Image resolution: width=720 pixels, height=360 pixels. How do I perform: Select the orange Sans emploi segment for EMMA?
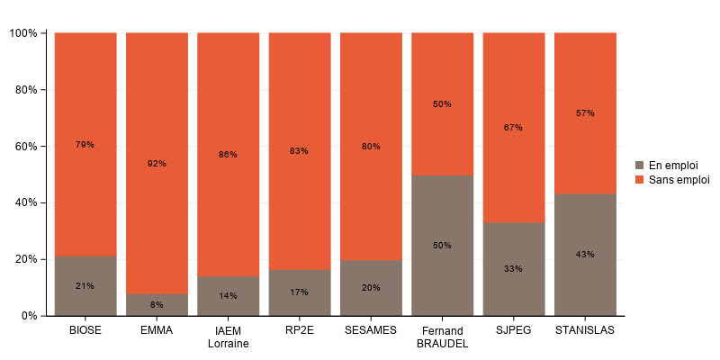pyautogui.click(x=157, y=108)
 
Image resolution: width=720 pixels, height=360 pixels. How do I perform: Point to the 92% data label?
pyautogui.click(x=157, y=164)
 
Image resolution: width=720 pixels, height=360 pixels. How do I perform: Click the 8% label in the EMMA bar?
pyautogui.click(x=157, y=305)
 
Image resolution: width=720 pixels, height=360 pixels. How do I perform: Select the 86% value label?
pyautogui.click(x=228, y=155)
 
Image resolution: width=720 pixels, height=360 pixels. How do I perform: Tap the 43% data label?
pyautogui.click(x=585, y=255)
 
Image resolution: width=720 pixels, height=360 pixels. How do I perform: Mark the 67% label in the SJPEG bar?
pyautogui.click(x=514, y=128)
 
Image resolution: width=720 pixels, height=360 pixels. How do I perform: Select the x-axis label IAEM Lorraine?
pyautogui.click(x=228, y=337)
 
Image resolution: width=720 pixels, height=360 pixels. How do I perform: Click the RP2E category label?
pyautogui.click(x=300, y=330)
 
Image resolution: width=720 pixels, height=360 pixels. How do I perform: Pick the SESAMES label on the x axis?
pyautogui.click(x=371, y=330)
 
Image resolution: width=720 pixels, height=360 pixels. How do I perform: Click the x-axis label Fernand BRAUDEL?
pyautogui.click(x=442, y=337)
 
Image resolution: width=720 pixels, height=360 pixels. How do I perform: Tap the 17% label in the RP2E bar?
pyautogui.click(x=300, y=292)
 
